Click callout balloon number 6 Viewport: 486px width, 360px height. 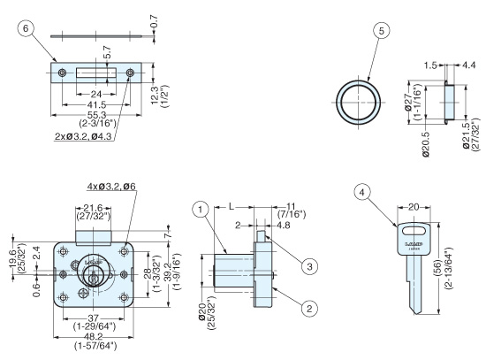click(26, 28)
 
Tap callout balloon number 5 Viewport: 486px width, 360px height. click(381, 31)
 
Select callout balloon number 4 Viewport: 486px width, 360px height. click(362, 193)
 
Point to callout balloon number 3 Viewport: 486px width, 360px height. click(310, 266)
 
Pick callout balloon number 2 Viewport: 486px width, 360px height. click(309, 308)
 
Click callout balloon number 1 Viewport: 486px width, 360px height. click(201, 210)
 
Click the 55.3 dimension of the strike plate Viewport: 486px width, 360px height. click(96, 115)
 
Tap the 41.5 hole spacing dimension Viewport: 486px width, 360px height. click(96, 104)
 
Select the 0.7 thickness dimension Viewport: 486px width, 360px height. click(154, 22)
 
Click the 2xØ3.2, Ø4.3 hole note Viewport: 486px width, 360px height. click(83, 136)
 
